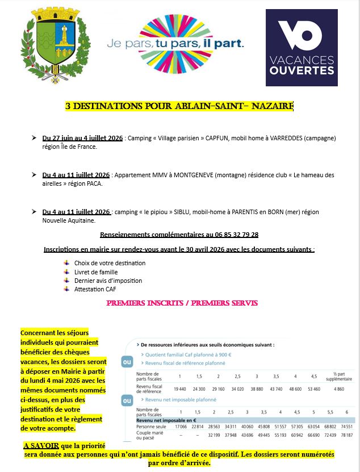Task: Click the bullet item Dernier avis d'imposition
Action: (108, 281)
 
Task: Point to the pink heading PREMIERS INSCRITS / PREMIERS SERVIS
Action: (182, 303)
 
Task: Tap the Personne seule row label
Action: (150, 426)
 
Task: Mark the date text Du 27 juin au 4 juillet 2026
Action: (82, 138)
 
